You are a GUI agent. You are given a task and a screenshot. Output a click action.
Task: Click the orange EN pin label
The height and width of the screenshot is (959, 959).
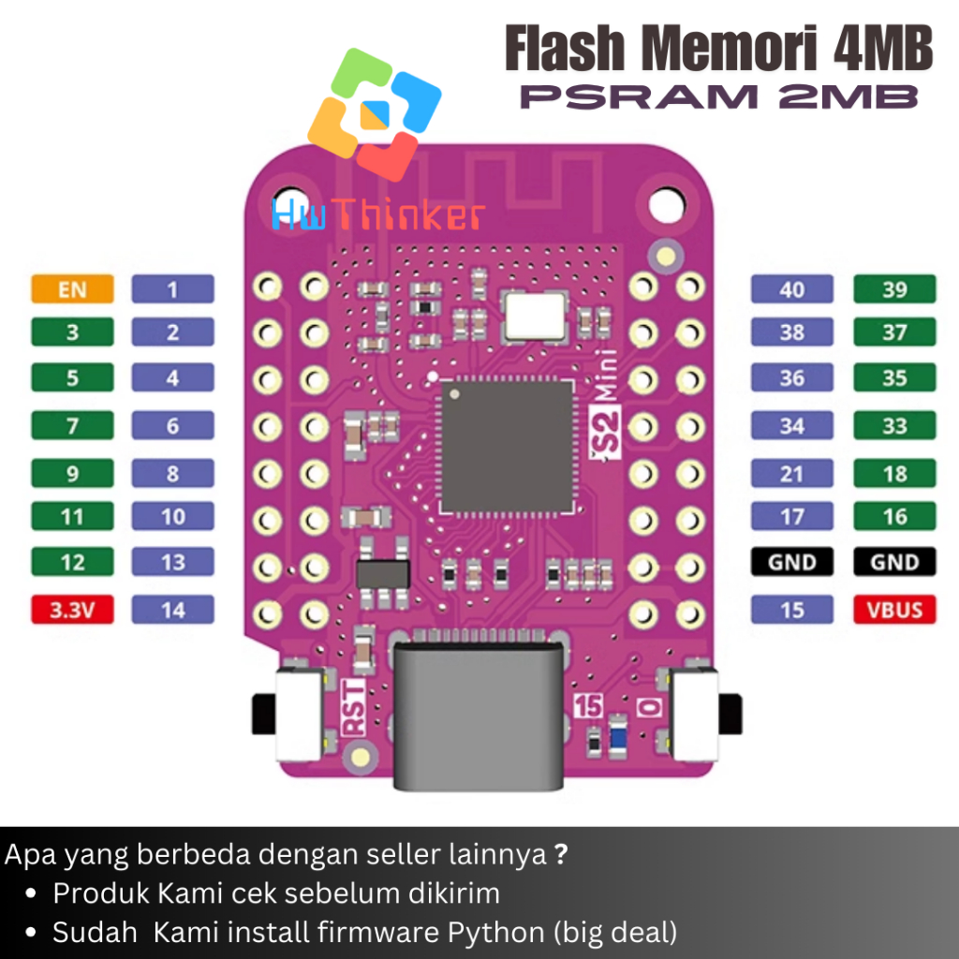pos(72,288)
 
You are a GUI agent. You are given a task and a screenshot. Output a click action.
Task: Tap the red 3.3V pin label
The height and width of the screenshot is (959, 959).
pos(72,611)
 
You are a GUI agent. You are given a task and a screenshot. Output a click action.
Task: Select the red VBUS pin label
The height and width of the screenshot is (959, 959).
pos(894,611)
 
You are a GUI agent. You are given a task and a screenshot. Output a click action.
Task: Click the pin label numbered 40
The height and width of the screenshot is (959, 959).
pos(791,288)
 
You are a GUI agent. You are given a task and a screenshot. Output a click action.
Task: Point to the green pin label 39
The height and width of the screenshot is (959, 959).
pos(894,288)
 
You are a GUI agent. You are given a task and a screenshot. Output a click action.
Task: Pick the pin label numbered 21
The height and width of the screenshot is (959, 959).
pos(791,473)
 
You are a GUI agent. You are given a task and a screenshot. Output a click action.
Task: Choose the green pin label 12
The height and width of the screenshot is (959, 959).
pos(72,563)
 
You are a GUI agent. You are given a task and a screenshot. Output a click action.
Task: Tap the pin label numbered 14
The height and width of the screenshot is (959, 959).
pos(173,611)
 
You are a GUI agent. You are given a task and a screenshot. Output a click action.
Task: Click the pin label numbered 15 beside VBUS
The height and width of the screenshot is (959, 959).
pos(791,611)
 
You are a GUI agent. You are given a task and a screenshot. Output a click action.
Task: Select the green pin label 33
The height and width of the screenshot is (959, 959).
pos(894,426)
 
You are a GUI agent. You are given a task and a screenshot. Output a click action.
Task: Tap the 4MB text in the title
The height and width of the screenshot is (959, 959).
pos(881,50)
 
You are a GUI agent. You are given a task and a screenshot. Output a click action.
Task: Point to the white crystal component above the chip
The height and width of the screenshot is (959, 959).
pos(534,314)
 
